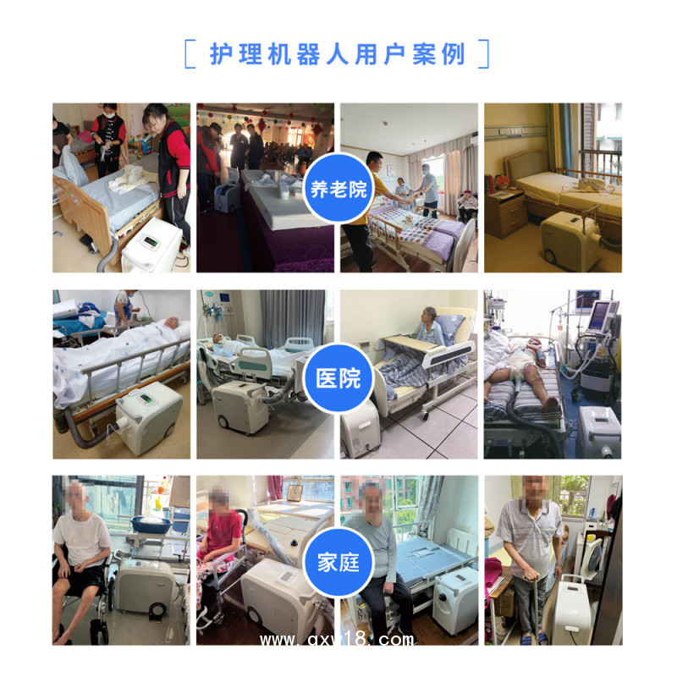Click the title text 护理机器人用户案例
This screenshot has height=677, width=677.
click(337, 54)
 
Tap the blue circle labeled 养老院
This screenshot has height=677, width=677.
click(339, 188)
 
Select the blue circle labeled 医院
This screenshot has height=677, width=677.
click(339, 376)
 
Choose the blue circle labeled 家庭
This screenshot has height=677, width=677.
click(339, 561)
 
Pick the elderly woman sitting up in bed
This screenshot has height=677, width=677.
click(430, 326)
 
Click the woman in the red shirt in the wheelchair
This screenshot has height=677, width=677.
click(218, 542)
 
